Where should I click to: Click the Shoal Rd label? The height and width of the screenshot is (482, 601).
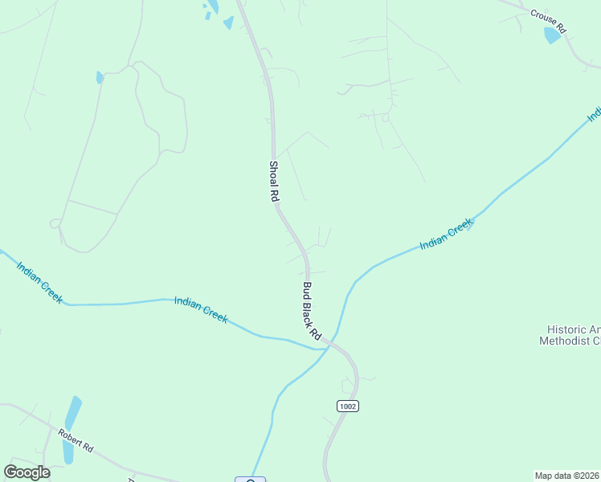point(274,180)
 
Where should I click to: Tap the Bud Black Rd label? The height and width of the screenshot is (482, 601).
point(312,309)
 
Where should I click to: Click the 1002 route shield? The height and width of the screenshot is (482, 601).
point(347,406)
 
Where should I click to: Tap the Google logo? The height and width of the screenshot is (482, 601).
point(27,472)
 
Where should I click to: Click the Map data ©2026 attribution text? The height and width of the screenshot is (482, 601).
point(567,475)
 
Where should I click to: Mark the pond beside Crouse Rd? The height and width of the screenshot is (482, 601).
point(553,35)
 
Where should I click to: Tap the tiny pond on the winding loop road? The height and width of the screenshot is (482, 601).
point(100,78)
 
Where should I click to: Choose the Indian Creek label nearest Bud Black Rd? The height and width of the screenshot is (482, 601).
point(201,309)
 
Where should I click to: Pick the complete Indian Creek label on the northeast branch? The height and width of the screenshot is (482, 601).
point(447,235)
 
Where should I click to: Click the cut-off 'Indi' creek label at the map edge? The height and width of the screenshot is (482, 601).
point(595,114)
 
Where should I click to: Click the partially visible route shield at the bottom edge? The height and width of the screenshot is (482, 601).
point(250,480)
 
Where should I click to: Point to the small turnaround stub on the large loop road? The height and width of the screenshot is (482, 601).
point(55,223)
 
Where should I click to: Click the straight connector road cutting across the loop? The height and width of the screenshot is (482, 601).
point(92,206)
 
